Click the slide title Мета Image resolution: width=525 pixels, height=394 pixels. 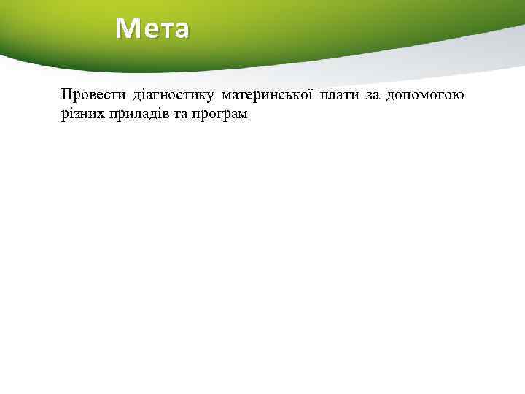(x=152, y=28)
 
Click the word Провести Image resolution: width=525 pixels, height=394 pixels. (x=93, y=96)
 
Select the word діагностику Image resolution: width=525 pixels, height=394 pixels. (x=172, y=96)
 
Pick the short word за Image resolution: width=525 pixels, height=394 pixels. (x=372, y=96)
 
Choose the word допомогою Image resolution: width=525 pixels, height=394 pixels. (x=425, y=96)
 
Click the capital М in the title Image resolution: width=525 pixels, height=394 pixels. (x=126, y=28)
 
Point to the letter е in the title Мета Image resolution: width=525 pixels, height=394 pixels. (x=147, y=30)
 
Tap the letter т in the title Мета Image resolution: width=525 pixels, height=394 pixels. (x=163, y=30)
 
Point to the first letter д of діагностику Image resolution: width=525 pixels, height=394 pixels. (x=136, y=96)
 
